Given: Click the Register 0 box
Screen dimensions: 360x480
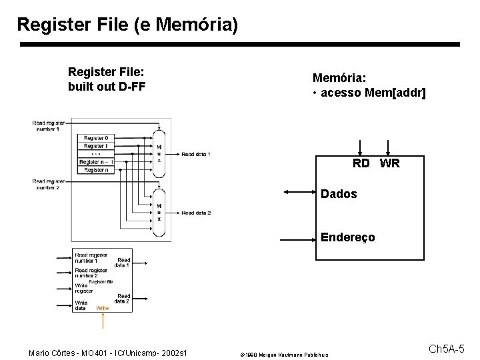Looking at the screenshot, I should (96, 138).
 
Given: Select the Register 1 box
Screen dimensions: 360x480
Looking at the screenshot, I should (96, 146).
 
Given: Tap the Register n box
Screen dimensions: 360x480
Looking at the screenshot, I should (96, 170).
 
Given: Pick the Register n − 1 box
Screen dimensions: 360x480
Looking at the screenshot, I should (96, 162).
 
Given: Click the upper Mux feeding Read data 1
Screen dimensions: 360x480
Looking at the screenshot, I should (159, 154).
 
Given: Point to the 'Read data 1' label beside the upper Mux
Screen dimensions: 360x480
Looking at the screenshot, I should (196, 154).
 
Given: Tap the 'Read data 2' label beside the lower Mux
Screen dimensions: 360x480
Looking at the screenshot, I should (196, 213).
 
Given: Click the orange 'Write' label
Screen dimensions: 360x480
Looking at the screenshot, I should (102, 308).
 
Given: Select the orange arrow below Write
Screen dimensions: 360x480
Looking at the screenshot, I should (103, 321).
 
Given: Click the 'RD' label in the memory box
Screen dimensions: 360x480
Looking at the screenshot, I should (361, 163).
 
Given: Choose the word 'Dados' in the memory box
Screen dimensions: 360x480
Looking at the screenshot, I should (339, 194).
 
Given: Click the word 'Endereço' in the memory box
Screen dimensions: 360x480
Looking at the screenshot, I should (347, 237).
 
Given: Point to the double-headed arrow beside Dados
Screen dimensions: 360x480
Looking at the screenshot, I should (299, 193).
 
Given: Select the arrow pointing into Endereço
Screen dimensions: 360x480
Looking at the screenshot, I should (299, 237).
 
